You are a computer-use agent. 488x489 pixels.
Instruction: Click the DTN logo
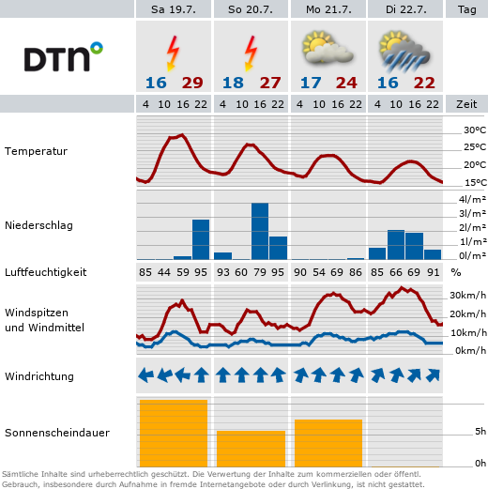coord(64,56)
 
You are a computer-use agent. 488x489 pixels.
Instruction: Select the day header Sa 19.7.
coord(174,9)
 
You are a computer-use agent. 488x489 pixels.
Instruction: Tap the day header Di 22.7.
coord(405,9)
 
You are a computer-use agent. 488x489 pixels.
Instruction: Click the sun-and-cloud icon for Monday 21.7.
coord(328,47)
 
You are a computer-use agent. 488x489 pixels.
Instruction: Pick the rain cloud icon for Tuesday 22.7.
coord(404,51)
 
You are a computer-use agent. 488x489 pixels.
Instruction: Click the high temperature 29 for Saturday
coord(192,83)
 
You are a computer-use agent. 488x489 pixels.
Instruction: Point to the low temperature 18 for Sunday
coord(233,83)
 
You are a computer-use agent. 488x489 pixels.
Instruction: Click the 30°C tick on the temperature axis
coord(475,130)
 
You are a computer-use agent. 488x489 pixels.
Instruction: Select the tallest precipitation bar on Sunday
coord(260,231)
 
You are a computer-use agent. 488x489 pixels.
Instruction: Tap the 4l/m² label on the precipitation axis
coord(472,199)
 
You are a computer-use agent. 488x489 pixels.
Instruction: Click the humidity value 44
coord(164,272)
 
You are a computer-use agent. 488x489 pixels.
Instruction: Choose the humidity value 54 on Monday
coord(319,272)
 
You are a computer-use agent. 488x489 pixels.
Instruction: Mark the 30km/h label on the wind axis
coord(467,295)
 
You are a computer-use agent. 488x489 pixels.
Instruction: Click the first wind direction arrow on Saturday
coord(145,374)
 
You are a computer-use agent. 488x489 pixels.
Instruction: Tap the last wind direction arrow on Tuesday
coord(433,375)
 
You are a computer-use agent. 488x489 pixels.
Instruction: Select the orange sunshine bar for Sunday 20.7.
coord(251,449)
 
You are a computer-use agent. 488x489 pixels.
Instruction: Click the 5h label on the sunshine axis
coord(480,432)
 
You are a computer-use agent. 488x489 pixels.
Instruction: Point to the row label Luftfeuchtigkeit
coord(46,272)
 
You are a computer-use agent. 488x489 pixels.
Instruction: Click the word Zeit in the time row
coord(466,104)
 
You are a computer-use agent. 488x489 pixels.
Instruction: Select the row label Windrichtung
coord(39,376)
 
